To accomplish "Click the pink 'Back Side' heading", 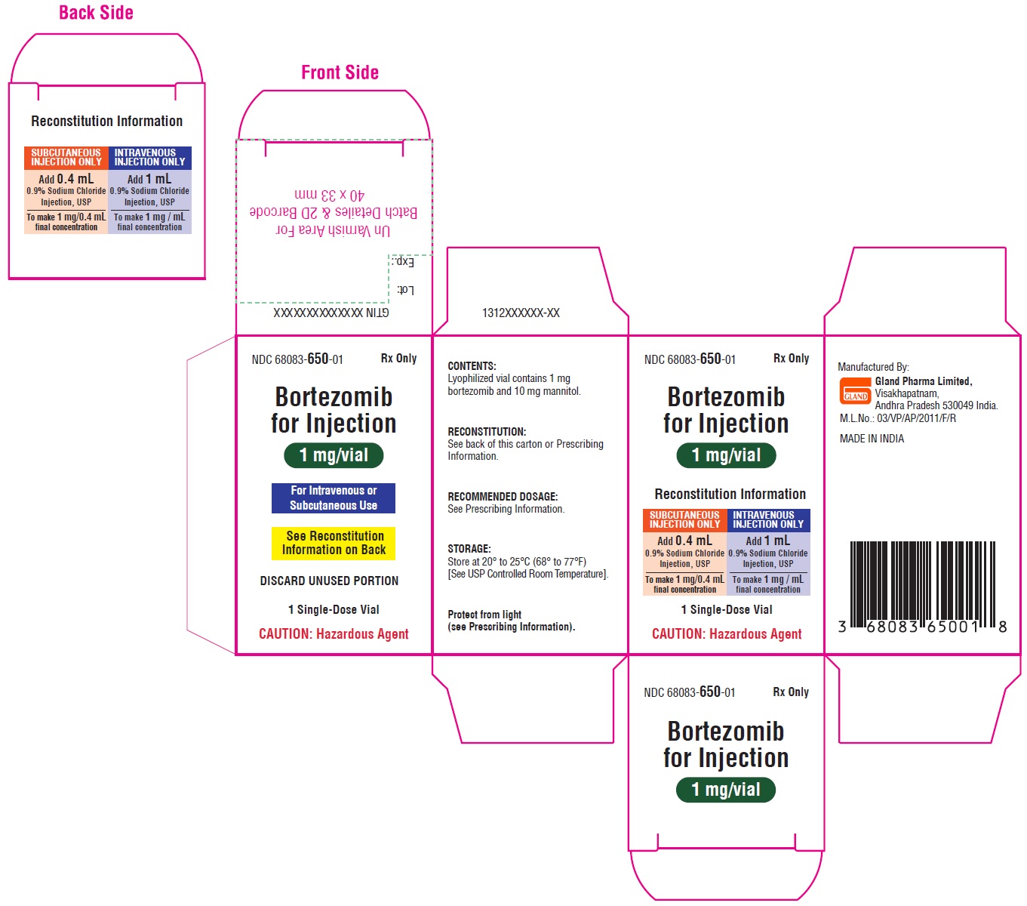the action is [x=96, y=13].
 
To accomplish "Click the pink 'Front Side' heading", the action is [x=340, y=72].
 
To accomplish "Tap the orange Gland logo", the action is [x=855, y=390].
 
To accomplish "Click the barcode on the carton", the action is [x=923, y=587].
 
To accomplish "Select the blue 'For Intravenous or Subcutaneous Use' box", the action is [x=333, y=498].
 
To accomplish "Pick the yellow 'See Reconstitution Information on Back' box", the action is [x=333, y=543].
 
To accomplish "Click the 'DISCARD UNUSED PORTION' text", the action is [x=329, y=581].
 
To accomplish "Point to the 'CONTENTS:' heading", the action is [x=472, y=365].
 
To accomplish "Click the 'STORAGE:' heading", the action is [x=469, y=548].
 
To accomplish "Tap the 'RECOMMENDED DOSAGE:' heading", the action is [x=503, y=496].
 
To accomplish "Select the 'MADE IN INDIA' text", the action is [x=872, y=439].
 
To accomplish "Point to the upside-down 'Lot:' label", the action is [x=405, y=290].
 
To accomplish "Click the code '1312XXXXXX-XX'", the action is [x=521, y=313].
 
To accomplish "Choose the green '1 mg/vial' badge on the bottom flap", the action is [x=725, y=789].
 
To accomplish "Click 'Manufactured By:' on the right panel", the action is [x=873, y=366].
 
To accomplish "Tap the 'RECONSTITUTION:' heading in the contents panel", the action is [x=487, y=431].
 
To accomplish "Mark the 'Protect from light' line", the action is [x=484, y=615].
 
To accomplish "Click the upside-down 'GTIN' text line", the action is [x=331, y=313].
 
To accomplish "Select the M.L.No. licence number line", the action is [x=897, y=418].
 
